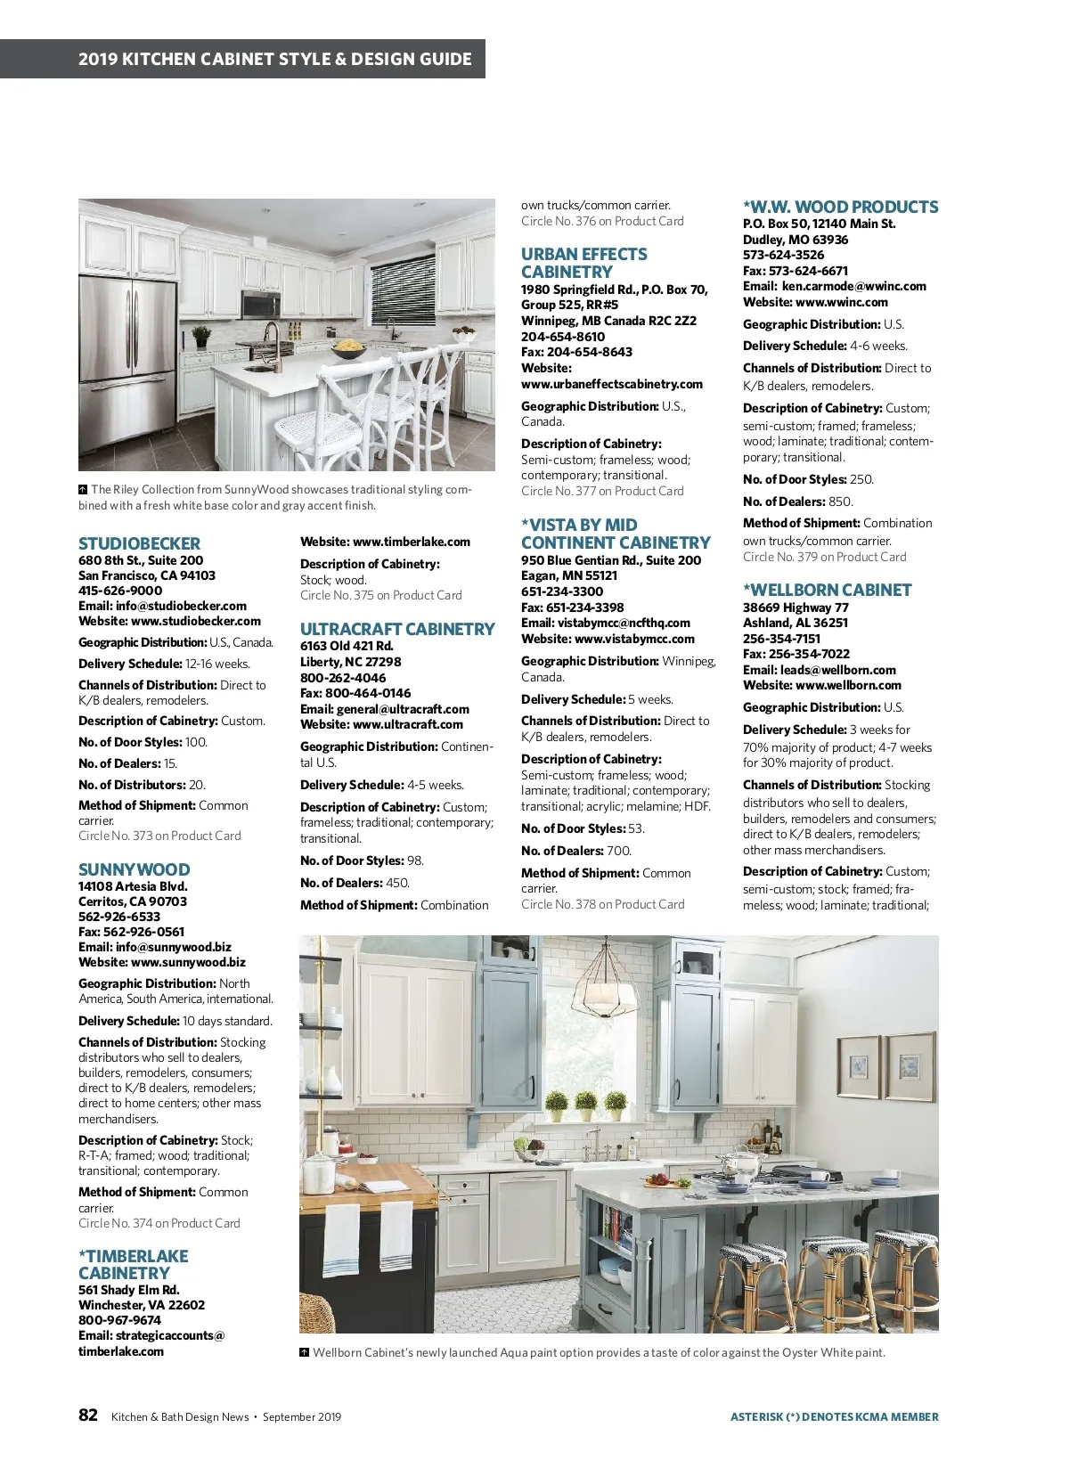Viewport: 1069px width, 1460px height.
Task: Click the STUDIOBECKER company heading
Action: pos(139,543)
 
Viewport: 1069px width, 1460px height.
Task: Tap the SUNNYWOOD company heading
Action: pos(134,869)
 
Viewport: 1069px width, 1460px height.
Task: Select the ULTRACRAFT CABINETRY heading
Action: pos(396,629)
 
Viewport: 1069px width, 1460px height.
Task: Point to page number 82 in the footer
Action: pos(88,1415)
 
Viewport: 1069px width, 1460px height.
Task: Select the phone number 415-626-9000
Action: pos(120,590)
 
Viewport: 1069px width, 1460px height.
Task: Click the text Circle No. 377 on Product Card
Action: pos(602,491)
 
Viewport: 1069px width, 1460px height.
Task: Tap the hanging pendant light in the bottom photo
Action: pos(604,983)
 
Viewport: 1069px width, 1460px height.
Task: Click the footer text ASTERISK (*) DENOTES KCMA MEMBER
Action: pos(834,1416)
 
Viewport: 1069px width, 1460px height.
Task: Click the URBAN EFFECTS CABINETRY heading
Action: pos(583,263)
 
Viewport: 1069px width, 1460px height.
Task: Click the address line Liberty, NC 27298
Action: pos(350,662)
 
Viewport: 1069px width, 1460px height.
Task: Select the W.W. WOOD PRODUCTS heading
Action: pos(840,207)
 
